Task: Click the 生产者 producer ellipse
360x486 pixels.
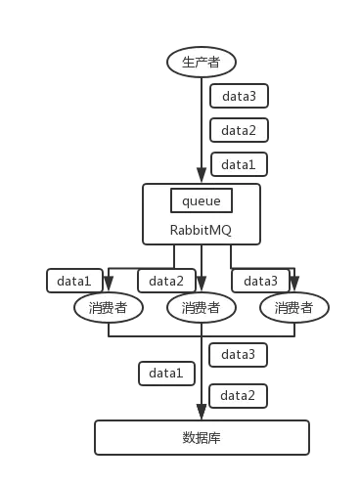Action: click(x=202, y=63)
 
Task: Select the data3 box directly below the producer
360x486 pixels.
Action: click(x=239, y=97)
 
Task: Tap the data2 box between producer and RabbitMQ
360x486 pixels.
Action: click(x=239, y=131)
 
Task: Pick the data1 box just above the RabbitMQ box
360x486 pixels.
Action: click(x=239, y=164)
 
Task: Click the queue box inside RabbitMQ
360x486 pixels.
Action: click(x=202, y=200)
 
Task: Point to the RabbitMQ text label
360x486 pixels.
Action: click(x=202, y=231)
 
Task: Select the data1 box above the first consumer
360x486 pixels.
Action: click(x=73, y=281)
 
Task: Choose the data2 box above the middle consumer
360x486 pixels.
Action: click(x=166, y=281)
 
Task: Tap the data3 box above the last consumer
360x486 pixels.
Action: click(x=260, y=281)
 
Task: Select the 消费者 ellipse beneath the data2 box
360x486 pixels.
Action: click(x=202, y=308)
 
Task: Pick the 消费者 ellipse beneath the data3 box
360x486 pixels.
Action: click(x=293, y=308)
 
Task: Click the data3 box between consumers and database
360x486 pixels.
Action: click(x=239, y=354)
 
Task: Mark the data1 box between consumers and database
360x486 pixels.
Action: click(x=166, y=374)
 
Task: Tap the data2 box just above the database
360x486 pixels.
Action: click(x=239, y=395)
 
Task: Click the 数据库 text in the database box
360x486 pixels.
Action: click(x=202, y=437)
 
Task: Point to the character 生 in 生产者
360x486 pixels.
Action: click(x=189, y=63)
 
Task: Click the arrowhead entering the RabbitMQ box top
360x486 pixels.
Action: click(x=202, y=178)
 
